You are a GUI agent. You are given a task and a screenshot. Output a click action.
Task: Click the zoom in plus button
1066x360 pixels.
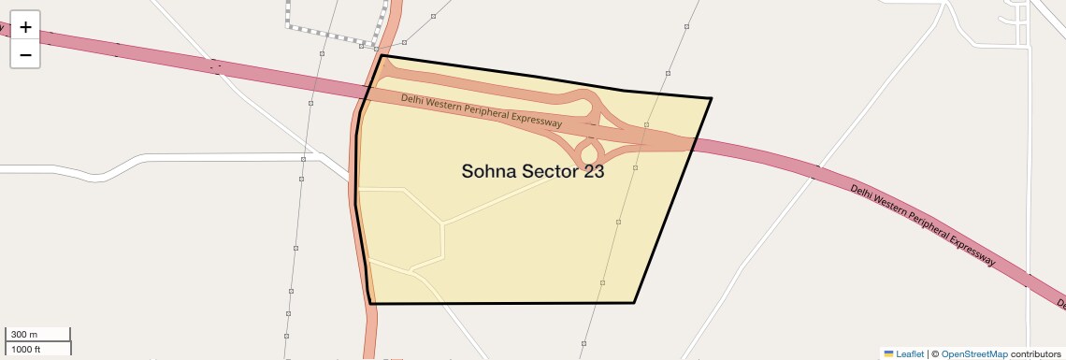point(25,27)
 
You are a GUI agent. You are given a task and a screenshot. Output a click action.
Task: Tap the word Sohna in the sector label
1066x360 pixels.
point(490,171)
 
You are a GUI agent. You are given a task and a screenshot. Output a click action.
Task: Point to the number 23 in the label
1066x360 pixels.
point(594,171)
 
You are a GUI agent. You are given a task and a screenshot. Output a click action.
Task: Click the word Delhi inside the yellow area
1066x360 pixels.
point(414,99)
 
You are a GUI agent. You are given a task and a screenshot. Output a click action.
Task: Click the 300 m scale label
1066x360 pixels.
point(24,335)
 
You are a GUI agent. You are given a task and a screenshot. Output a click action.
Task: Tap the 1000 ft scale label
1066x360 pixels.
point(26,349)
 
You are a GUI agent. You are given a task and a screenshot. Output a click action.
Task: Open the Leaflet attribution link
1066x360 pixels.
point(910,353)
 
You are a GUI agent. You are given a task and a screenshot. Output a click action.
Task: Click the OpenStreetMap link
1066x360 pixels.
point(973,353)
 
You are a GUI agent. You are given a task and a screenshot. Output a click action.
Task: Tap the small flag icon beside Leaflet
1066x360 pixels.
point(888,353)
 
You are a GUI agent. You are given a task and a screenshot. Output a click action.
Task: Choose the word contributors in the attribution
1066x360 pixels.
point(1036,353)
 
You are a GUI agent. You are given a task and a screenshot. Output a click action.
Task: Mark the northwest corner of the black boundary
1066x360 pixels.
point(382,55)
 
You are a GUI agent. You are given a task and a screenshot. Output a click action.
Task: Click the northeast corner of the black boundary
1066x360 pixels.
point(712,98)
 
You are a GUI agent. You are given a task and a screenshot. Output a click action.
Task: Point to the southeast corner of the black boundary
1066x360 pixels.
point(634,302)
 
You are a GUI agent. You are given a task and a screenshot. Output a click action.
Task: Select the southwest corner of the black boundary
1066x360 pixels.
point(371,303)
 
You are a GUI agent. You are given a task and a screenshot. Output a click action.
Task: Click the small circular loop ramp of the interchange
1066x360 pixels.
point(589,151)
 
